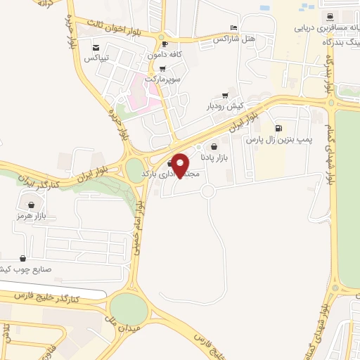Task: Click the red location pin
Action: click(181, 165)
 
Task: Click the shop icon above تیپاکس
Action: click(96, 48)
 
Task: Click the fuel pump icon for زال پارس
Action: click(279, 129)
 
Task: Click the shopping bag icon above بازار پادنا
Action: click(214, 148)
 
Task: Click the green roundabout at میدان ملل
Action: click(129, 308)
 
